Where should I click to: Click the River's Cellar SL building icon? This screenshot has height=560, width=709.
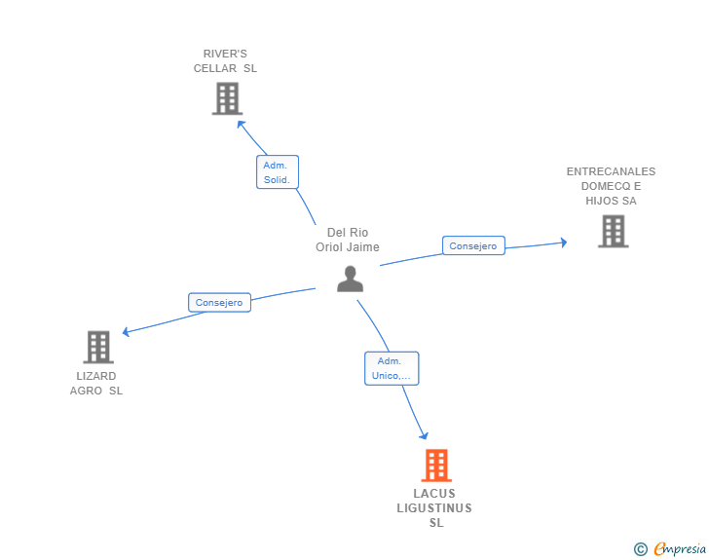[x=227, y=98]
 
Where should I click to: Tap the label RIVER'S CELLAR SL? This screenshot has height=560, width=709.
[x=225, y=61]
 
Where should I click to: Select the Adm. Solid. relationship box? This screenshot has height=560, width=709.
[x=278, y=172]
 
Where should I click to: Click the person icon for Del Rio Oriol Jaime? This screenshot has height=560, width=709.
[x=350, y=279]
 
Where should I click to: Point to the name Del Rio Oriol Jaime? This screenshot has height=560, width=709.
[x=348, y=240]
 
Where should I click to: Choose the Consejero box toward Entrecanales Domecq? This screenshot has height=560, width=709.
[x=473, y=246]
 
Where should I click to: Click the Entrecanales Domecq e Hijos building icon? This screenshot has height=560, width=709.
[x=613, y=232]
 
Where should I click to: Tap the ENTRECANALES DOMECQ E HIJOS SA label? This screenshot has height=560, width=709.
[x=611, y=186]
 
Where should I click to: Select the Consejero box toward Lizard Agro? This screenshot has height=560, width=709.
[x=219, y=303]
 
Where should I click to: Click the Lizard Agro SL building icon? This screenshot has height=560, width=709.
[x=98, y=347]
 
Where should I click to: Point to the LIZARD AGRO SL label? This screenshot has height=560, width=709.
[x=96, y=384]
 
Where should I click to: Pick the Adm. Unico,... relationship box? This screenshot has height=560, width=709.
[x=392, y=368]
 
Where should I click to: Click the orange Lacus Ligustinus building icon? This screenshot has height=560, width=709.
[x=436, y=466]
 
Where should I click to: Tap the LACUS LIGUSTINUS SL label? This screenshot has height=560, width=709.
[x=434, y=508]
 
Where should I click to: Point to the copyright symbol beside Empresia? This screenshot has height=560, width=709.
[x=640, y=549]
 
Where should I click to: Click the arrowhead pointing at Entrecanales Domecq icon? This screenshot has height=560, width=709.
[x=562, y=243]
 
